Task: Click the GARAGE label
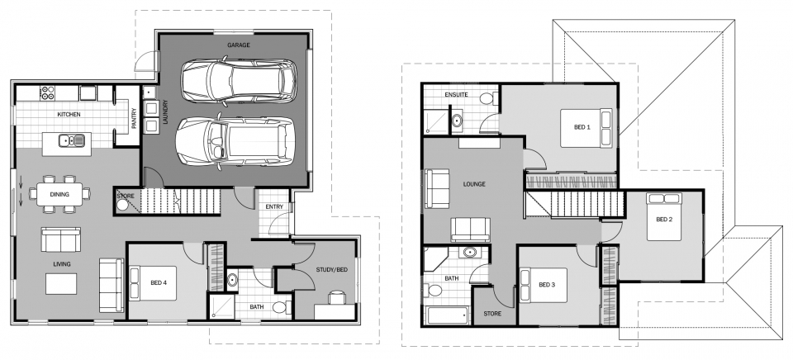[238, 45]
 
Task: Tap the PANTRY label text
[134, 119]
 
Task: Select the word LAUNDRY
[165, 111]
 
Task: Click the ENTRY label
[274, 206]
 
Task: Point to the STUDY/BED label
[332, 269]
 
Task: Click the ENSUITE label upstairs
[456, 95]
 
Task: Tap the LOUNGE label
[474, 184]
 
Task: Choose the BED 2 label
[664, 220]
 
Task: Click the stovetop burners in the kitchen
[48, 92]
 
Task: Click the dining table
[59, 194]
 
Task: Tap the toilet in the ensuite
[487, 98]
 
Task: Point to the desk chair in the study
[336, 297]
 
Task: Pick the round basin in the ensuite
[457, 121]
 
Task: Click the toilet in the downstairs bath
[281, 307]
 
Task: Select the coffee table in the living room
[61, 284]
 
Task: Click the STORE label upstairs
[492, 314]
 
